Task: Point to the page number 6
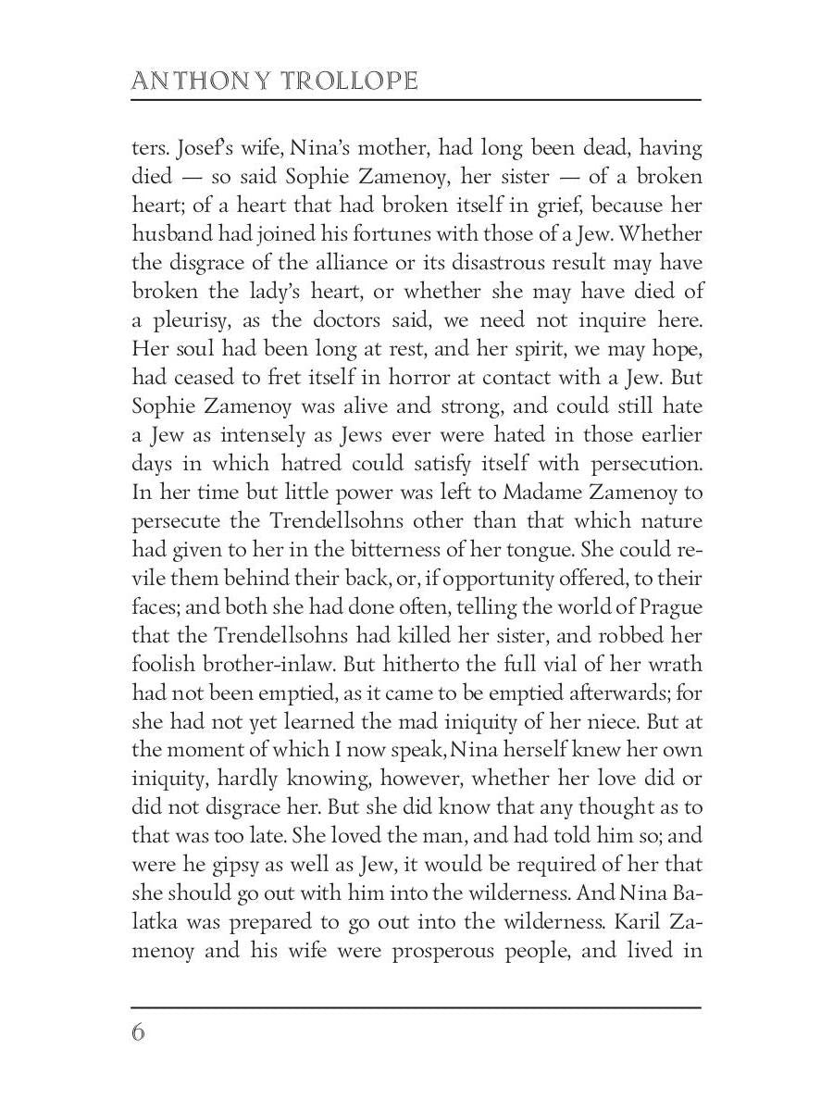(138, 1032)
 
